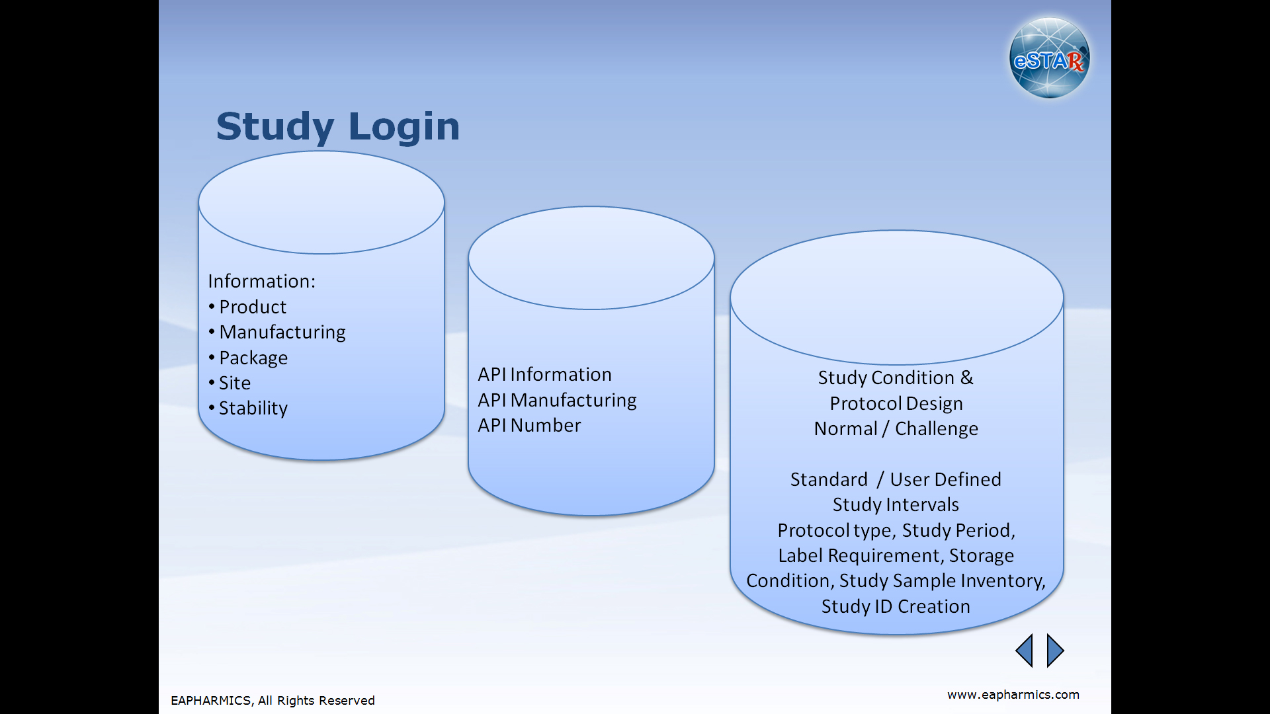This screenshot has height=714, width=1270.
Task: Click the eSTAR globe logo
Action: coord(1050,58)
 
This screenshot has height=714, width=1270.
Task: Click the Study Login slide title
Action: coord(338,126)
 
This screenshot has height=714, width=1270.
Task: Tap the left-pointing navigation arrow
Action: coord(1024,651)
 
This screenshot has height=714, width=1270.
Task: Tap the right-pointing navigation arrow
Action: coord(1056,651)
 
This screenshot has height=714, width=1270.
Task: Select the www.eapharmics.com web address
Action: coord(1013,695)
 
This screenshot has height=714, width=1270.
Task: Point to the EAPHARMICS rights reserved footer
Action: coord(273,701)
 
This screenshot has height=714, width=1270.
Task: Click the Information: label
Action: coord(262,281)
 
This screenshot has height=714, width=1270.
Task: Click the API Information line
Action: coord(545,374)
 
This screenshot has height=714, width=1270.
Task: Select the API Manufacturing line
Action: coord(558,400)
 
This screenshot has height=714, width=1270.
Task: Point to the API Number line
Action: coord(530,425)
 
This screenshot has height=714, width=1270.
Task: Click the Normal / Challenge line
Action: coord(896,428)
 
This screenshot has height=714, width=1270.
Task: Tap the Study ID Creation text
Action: coord(896,606)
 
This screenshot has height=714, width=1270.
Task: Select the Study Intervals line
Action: coord(896,504)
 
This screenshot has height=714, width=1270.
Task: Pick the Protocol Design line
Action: coord(896,403)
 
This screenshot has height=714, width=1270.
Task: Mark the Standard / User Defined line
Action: coord(896,479)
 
